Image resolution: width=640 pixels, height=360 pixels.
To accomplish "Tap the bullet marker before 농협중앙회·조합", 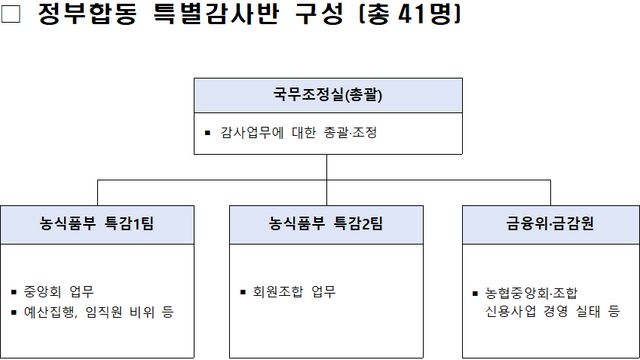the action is point(475,293).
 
